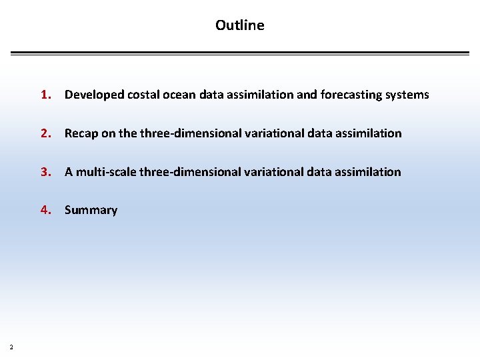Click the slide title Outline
239,25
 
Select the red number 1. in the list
45,95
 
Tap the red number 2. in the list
45,133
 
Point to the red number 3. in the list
45,172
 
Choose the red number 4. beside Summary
45,210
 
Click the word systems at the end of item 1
408,95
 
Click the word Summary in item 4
91,210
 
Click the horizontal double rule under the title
240,53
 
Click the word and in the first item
307,95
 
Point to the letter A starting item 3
69,172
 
